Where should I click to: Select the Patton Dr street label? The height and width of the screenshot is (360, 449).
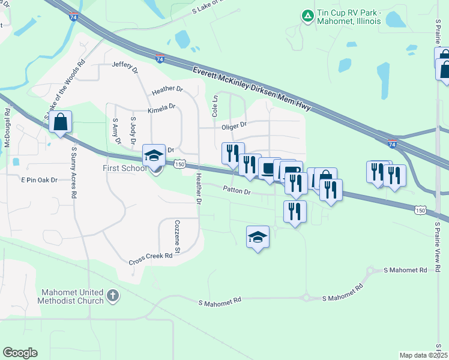click(x=236, y=191)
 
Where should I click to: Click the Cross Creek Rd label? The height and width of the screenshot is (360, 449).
click(x=151, y=259)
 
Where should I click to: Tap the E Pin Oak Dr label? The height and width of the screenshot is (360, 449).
click(x=40, y=179)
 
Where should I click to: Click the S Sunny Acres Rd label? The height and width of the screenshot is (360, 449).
click(x=74, y=172)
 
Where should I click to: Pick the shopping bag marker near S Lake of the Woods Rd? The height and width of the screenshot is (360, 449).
click(x=61, y=122)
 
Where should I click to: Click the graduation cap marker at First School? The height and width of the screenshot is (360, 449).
click(x=154, y=156)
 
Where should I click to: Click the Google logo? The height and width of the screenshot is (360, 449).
click(x=20, y=353)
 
